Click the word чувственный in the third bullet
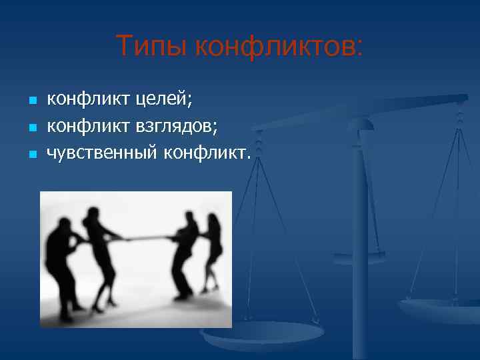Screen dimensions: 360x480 (x=101, y=153)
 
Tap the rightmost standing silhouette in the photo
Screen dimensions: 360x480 (x=213, y=253)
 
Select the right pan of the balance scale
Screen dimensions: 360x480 (x=440, y=308)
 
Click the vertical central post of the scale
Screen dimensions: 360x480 (x=361, y=233)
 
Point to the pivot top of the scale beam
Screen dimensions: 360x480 (x=361, y=125)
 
